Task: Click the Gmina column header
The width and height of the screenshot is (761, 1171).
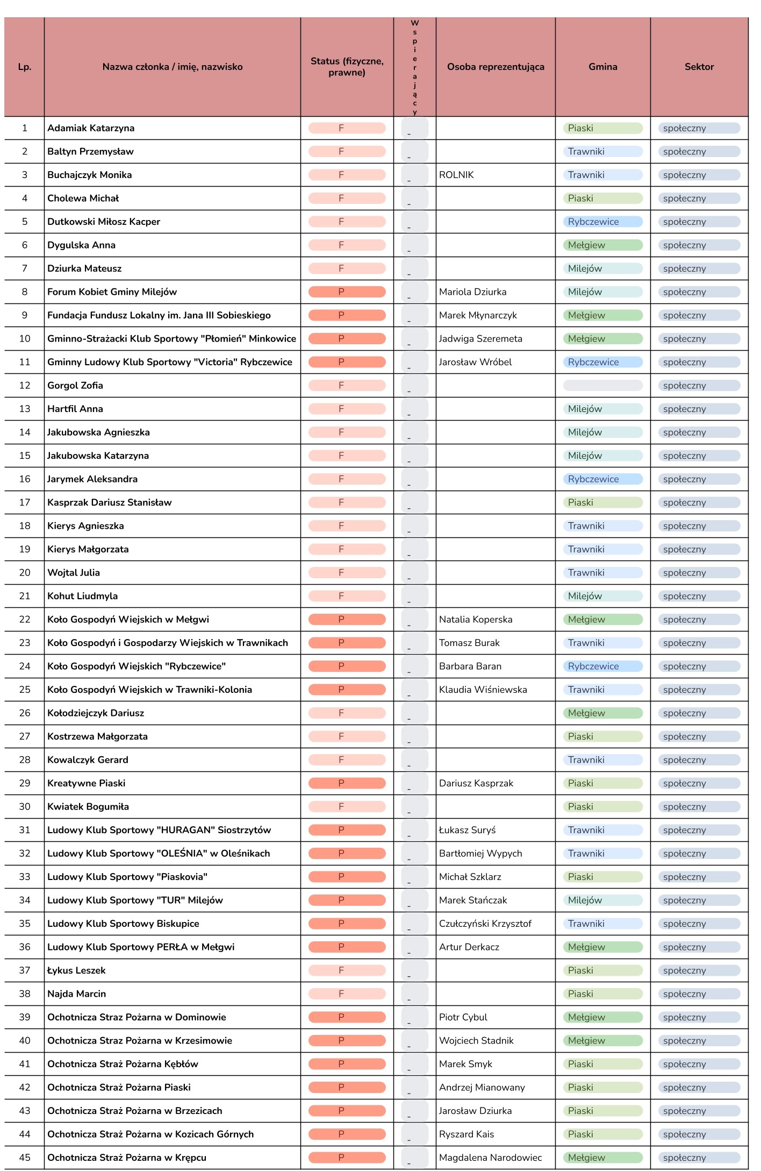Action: pos(602,67)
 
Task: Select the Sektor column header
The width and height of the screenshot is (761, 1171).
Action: pos(699,67)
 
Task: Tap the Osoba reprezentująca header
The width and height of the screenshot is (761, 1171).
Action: pos(495,67)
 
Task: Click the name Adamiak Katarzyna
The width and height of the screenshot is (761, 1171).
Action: pos(91,128)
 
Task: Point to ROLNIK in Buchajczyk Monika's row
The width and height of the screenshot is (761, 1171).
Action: pos(456,175)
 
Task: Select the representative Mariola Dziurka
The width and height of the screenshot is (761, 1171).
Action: pos(472,292)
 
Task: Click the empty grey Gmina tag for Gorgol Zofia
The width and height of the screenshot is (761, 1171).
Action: pos(602,385)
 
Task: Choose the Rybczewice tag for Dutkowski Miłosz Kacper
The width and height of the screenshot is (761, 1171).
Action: pos(602,222)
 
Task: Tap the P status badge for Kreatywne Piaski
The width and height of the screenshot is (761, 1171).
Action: pos(347,783)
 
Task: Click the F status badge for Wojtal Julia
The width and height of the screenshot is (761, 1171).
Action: pos(347,572)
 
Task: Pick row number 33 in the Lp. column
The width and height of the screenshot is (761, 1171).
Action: pos(25,877)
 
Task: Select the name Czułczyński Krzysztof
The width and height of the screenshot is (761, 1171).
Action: pos(485,924)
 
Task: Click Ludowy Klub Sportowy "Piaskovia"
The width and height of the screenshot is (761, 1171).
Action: pos(127,877)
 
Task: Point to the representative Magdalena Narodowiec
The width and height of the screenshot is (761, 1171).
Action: pos(490,1158)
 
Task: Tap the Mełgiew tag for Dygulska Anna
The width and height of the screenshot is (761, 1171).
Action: pos(602,245)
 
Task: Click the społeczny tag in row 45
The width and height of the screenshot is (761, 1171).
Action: pos(699,1158)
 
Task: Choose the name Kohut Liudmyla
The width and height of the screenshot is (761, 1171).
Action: pos(82,596)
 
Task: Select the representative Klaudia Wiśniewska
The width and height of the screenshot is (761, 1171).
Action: pos(483,690)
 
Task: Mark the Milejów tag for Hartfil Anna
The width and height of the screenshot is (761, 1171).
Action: pos(602,409)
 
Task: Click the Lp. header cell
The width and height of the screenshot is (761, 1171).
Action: pos(25,67)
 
